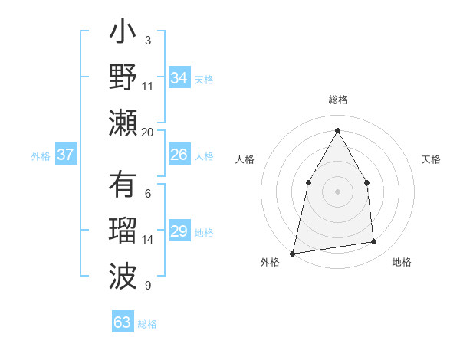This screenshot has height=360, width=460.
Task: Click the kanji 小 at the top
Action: pos(123,35)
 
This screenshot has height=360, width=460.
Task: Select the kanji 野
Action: pos(123,79)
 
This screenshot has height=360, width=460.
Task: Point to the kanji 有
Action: pos(123,186)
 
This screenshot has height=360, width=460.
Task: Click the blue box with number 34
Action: pos(179,78)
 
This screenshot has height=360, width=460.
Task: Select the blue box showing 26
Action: pos(179,155)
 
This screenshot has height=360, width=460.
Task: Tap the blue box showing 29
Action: pos(179,232)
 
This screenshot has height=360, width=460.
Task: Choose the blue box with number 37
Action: pos(65,155)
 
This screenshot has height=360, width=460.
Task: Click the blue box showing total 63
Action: pos(123,322)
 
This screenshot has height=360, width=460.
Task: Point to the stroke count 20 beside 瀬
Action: pos(148,133)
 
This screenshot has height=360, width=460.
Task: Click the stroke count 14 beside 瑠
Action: pos(148,240)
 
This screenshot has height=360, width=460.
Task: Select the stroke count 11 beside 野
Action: pos(148,87)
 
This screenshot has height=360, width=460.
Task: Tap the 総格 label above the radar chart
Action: pos(337,100)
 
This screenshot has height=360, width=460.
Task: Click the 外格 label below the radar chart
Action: pos(270,262)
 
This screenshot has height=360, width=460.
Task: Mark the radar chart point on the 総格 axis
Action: pos(337,129)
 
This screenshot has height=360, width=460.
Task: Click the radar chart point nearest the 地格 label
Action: pos(374,242)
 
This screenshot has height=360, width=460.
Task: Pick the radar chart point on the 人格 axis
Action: pos(308,182)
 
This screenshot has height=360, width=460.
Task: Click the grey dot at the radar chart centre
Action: pos(337,191)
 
